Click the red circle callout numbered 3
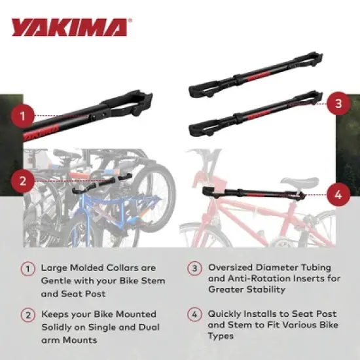tap(337, 104)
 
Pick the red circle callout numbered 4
tap(337, 194)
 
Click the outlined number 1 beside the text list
tap(27, 268)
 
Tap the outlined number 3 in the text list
tap(194, 268)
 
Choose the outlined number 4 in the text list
tap(194, 314)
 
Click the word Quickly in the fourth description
tap(226, 314)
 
